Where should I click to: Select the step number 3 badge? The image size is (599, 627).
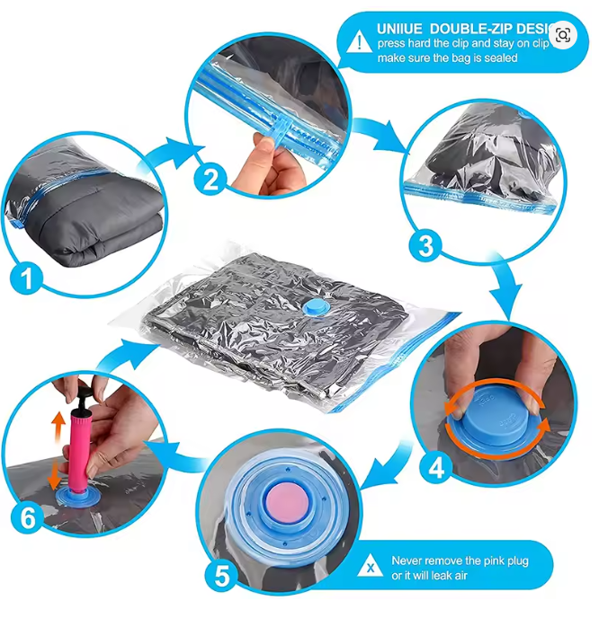click(x=425, y=243)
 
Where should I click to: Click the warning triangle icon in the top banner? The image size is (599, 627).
click(x=360, y=40)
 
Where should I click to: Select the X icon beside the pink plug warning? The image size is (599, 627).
click(x=370, y=568)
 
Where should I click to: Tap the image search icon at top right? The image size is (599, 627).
click(x=563, y=35)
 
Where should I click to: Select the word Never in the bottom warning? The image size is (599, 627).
click(x=407, y=561)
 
